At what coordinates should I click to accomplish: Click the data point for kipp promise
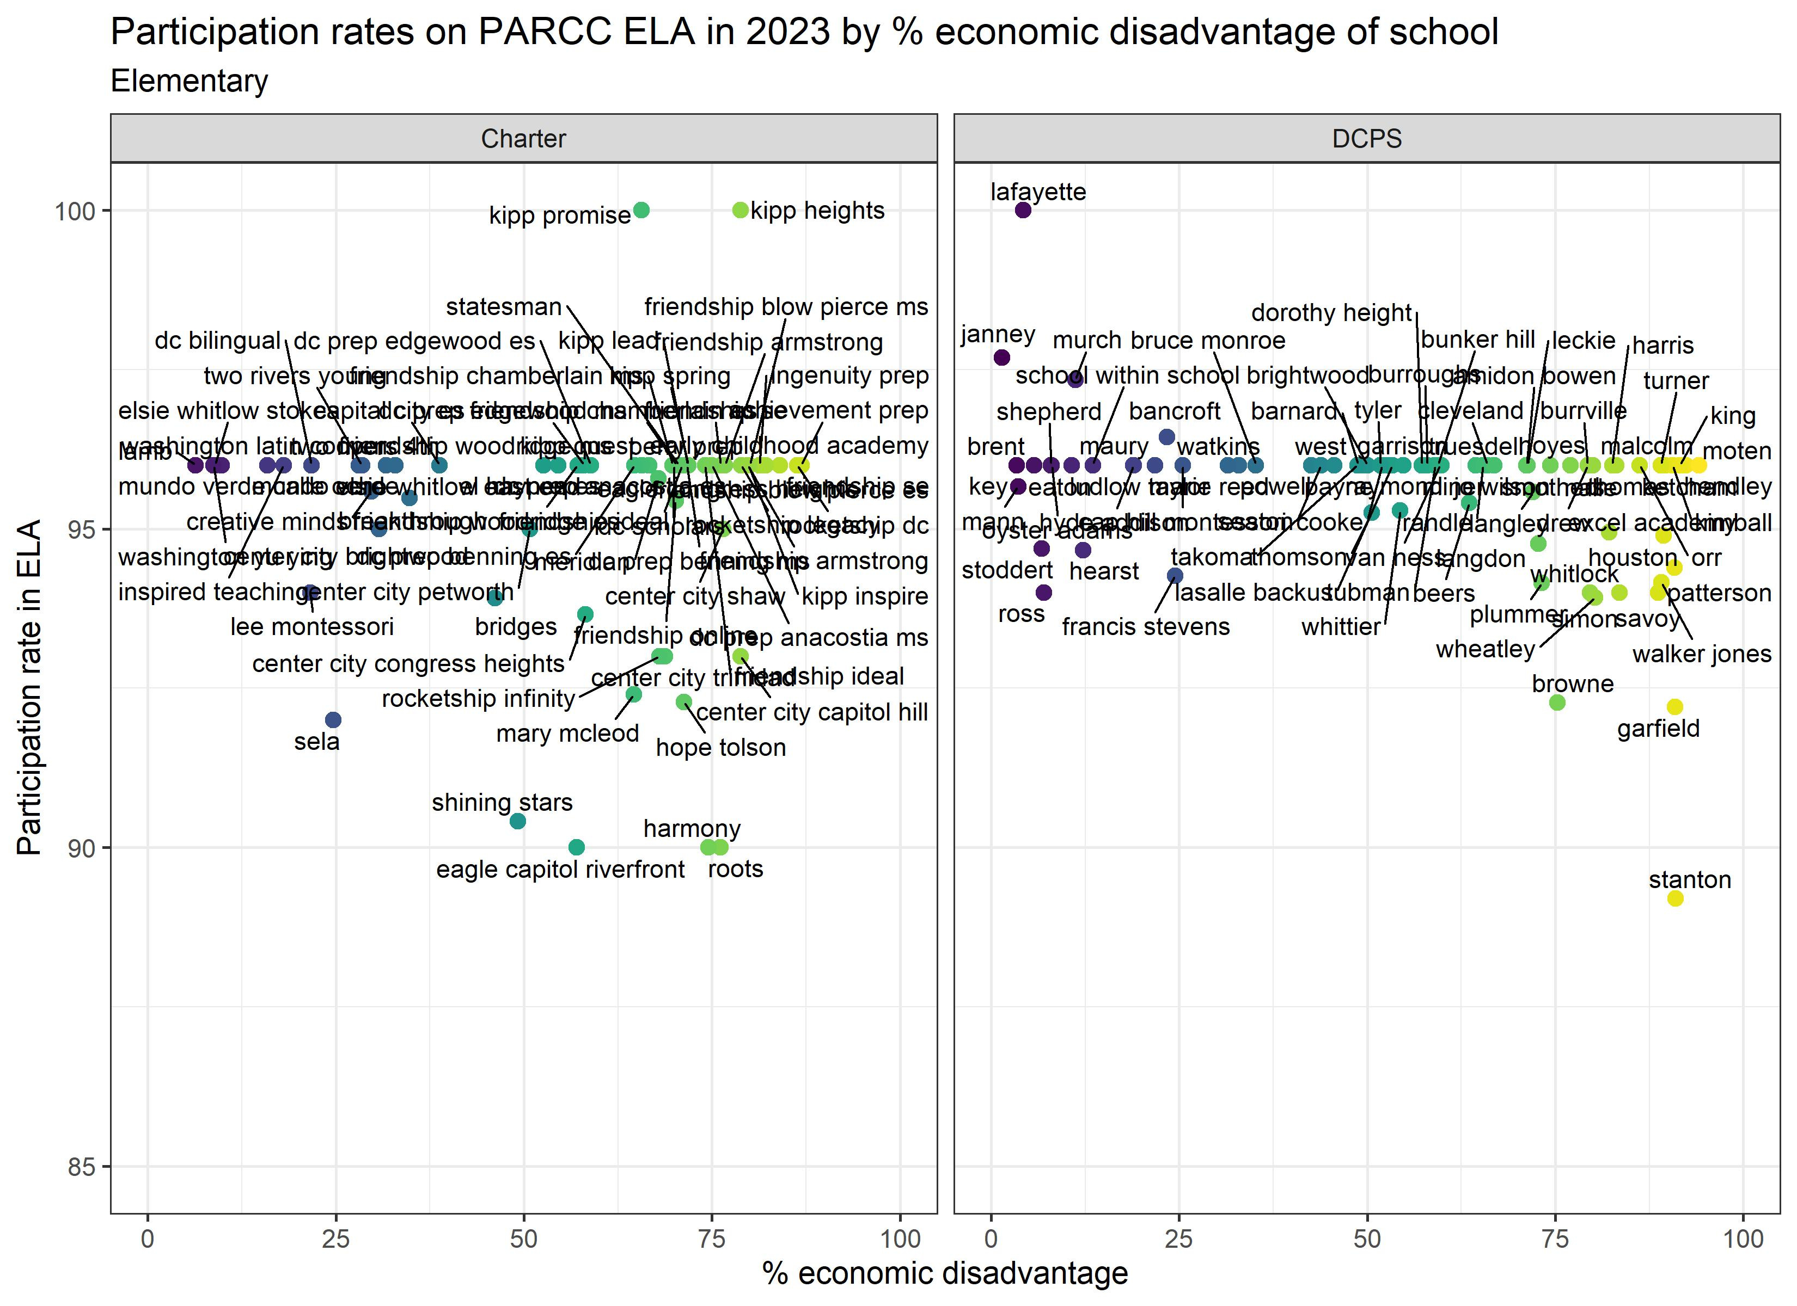(642, 210)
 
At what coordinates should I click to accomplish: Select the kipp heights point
(740, 210)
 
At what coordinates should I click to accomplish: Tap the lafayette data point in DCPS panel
(1023, 210)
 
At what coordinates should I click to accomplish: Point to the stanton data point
(1675, 898)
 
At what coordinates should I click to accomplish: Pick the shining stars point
(517, 821)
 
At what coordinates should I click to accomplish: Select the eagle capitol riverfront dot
(577, 847)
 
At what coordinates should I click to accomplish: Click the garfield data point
(1675, 706)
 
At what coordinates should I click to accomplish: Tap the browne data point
(1557, 703)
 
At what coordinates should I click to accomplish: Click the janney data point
(1001, 357)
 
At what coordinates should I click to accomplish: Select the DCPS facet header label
(1367, 139)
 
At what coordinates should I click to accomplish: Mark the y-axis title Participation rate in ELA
(29, 687)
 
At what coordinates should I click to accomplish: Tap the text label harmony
(692, 829)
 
